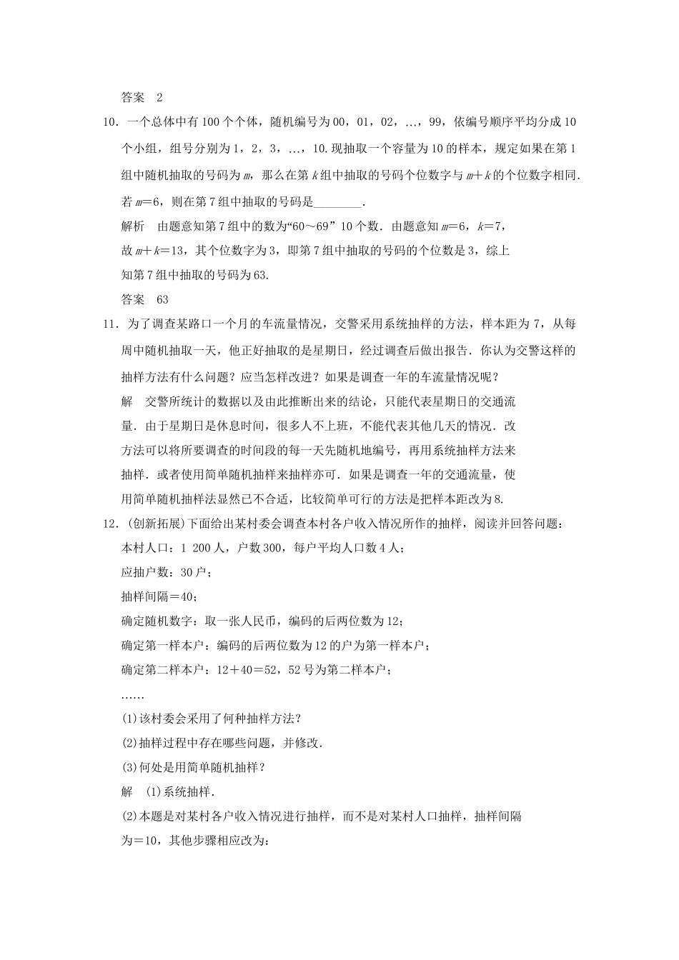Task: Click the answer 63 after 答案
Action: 162,299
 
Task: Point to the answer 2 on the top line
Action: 159,98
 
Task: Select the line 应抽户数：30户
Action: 166,572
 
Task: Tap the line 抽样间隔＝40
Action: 159,596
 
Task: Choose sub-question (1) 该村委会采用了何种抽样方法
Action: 211,718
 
